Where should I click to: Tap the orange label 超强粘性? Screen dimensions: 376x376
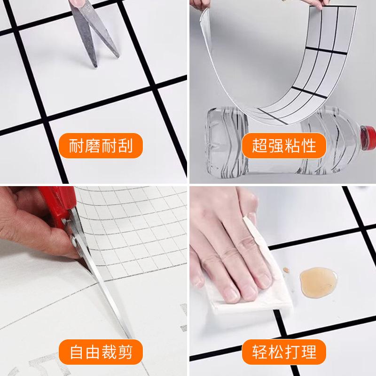284,146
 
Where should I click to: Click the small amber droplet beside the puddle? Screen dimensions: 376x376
285,270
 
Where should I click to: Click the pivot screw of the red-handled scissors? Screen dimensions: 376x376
75,243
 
